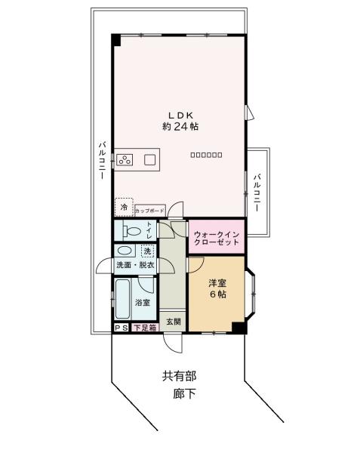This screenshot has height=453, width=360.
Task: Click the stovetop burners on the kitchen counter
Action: coord(125,159)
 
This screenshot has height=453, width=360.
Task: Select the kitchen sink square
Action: coord(149,159)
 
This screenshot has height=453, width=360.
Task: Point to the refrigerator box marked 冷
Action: coord(123,206)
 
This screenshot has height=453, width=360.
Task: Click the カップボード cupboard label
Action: coord(149,211)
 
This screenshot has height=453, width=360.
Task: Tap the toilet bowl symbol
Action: coord(131,231)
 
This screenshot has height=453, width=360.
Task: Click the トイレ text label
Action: coord(149,230)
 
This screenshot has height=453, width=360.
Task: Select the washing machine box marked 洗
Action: coord(148,251)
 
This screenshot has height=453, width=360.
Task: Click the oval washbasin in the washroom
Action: coord(126,251)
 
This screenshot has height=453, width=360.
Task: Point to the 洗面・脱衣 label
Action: coord(134,265)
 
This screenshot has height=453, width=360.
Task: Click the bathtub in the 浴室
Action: coord(123,299)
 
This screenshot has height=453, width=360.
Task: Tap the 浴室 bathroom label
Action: coord(142,303)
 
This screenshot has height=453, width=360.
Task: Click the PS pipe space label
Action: coord(121,328)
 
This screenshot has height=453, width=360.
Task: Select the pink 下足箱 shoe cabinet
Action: coord(145,328)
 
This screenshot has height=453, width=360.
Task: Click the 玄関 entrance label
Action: coord(174,322)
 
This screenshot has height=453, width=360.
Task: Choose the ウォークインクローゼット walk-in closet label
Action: coord(217,237)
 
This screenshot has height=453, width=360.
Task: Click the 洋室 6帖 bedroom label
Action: coord(218,288)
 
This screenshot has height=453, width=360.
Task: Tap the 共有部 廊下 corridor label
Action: coord(179,384)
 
